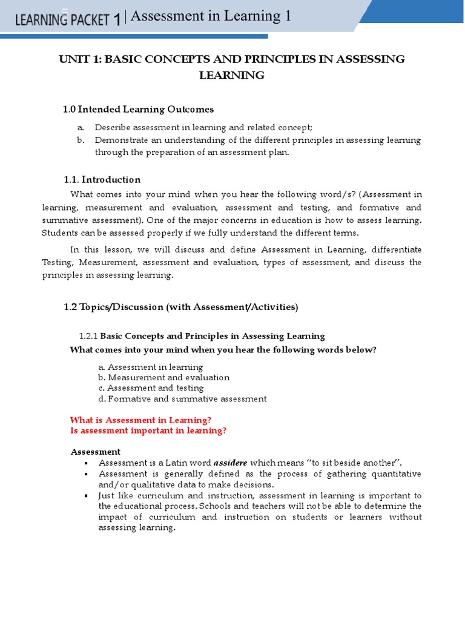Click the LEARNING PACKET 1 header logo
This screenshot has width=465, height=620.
point(67,19)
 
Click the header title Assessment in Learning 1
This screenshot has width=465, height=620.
point(211,16)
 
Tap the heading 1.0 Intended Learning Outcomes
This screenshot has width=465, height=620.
point(138,109)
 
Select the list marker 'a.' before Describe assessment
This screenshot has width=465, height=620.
point(80,127)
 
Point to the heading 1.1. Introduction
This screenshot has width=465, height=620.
point(102,179)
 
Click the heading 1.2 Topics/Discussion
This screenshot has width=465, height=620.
point(180,307)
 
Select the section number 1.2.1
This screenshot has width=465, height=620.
point(88,336)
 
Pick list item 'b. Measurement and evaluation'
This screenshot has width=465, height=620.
point(163,377)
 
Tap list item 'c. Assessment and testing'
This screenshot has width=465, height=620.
point(151,387)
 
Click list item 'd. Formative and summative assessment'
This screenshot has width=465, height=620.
point(182,398)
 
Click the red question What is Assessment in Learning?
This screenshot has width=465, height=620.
point(140,420)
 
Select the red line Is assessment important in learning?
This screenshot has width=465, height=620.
point(148,430)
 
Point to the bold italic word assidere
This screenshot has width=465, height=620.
point(230,463)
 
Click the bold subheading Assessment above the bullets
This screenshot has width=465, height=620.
point(96,452)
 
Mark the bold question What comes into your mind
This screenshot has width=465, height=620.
point(223,349)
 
